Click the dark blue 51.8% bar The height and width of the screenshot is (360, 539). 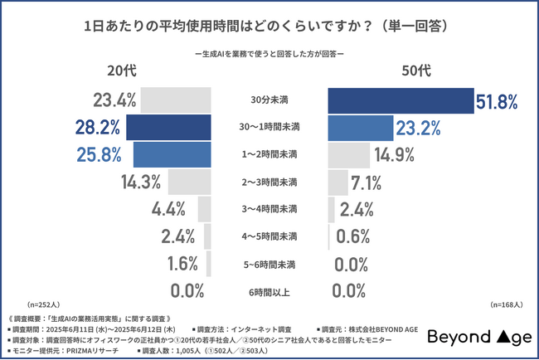point(401,100)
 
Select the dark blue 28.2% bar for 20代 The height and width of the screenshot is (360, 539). point(172,128)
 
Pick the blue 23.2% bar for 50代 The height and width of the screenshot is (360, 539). point(361,128)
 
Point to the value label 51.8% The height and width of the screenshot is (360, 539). point(497,101)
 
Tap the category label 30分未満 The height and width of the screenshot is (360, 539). point(269,101)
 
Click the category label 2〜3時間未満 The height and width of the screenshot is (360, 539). point(269,182)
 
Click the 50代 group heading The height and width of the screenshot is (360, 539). point(415,71)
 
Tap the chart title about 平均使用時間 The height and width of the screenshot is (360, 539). point(269,26)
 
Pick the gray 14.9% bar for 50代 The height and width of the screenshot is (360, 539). point(349,155)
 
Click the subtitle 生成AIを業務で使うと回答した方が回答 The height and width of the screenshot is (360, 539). point(269,55)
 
